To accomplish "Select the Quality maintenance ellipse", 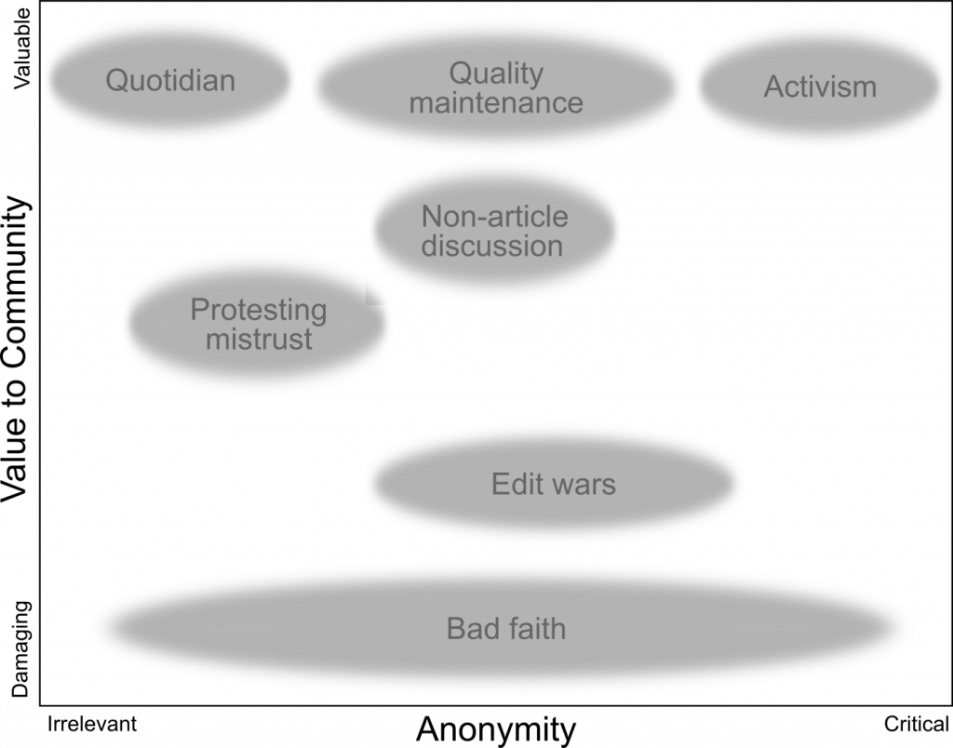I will click(496, 130).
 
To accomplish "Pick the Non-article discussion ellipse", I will click(493, 274).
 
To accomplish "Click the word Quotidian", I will click(170, 81).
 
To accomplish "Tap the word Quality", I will click(496, 73).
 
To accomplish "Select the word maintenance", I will click(496, 102).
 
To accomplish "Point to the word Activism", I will click(820, 87).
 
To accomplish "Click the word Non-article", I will click(494, 217).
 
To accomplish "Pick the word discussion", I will click(492, 247).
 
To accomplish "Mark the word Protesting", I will click(259, 310).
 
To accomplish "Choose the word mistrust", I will click(259, 340).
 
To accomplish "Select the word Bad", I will click(469, 629).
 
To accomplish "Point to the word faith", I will click(531, 629).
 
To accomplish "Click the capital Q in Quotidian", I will click(115, 81).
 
